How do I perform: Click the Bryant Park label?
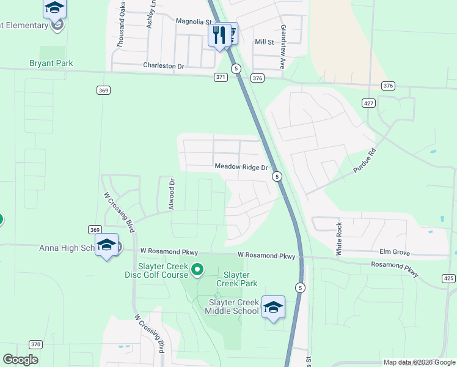point(51,63)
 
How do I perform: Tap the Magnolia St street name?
point(193,21)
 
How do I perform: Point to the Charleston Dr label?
point(163,65)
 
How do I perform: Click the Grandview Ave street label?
point(283,39)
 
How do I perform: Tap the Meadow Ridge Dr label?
point(241,167)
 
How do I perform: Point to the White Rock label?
point(339,239)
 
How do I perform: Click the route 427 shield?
point(368,103)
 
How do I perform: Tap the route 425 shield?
point(448,278)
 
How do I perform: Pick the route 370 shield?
point(35,344)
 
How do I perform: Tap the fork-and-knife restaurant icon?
point(219,34)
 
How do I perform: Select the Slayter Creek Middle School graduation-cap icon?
point(273,306)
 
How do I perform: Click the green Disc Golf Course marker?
point(197,269)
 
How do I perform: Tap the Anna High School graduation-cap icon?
point(107,245)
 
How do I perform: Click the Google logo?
point(21,359)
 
